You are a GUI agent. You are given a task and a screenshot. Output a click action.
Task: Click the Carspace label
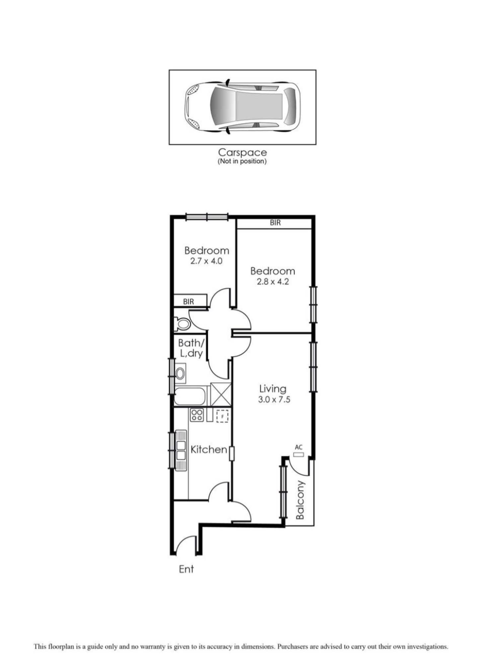coord(242,152)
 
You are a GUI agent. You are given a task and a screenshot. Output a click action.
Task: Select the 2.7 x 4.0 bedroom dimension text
coord(206,261)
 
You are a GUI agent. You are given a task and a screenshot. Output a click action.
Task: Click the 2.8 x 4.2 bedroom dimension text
coord(273,282)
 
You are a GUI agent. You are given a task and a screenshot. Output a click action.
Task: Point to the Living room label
coord(273,388)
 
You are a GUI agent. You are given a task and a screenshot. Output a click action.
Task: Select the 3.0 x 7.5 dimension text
coord(274,399)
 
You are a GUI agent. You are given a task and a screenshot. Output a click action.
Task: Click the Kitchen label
coord(209,450)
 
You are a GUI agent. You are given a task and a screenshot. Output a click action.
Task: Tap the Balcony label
coord(300,500)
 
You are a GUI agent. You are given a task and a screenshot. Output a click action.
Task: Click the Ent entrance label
coord(186,569)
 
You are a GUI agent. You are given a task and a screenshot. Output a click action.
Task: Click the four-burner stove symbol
coord(197,415)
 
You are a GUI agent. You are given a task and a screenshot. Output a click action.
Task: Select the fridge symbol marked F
coord(222,416)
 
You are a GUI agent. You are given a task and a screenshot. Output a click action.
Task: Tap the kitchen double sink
coord(181,450)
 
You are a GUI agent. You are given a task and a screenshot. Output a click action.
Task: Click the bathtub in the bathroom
coord(191,395)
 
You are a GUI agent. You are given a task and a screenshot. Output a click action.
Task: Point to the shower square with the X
coord(221,394)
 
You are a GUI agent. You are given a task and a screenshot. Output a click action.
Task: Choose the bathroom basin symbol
coord(180,373)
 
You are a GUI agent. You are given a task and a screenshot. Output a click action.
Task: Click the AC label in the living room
coord(298,447)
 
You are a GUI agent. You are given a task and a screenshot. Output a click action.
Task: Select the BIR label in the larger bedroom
coord(275,223)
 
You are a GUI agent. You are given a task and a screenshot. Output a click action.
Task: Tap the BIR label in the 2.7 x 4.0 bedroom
coord(189,302)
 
